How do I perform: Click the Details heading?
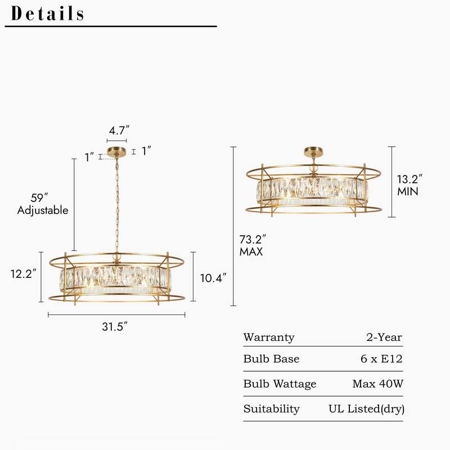click(x=48, y=13)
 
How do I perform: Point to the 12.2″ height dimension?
click(x=24, y=273)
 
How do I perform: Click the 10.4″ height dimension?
click(x=213, y=277)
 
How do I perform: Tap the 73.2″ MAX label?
click(x=252, y=246)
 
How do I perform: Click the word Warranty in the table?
click(x=268, y=337)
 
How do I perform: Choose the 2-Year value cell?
click(x=384, y=337)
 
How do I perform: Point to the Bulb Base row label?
click(x=271, y=359)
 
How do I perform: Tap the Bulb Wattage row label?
click(x=280, y=384)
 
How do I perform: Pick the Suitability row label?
click(x=271, y=409)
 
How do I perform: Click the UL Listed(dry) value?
click(x=366, y=409)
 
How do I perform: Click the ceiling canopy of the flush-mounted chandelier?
click(x=313, y=152)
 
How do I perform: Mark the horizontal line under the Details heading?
click(x=111, y=26)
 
